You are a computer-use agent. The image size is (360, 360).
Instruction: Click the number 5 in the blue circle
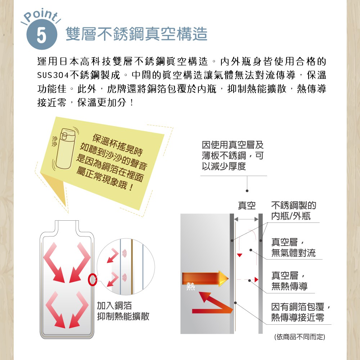(41, 35)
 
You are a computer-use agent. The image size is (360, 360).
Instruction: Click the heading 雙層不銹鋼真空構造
(136, 34)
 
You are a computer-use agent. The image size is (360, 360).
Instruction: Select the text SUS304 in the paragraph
(53, 75)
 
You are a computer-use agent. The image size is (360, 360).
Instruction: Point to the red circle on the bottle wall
(93, 280)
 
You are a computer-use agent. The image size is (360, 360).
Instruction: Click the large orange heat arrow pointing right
(205, 279)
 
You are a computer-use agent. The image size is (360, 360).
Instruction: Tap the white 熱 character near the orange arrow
(190, 286)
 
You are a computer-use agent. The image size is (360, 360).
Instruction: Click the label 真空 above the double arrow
(247, 205)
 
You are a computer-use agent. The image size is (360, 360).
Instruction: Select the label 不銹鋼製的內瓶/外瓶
(294, 211)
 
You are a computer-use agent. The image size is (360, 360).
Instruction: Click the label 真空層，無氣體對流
(293, 248)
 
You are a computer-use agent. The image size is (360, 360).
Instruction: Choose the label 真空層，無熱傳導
(289, 281)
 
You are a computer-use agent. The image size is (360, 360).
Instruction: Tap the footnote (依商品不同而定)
(300, 337)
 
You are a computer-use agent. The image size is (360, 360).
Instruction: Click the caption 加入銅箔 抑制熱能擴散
(123, 311)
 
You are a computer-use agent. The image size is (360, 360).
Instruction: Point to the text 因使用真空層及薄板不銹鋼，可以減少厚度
(233, 156)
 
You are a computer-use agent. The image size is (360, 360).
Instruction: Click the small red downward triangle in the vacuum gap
(239, 255)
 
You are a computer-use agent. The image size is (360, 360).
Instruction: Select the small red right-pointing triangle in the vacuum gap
(256, 279)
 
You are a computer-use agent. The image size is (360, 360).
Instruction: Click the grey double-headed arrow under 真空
(246, 219)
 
